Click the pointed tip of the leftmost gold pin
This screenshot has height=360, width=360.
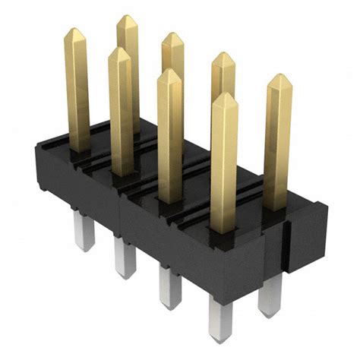pos(74,32)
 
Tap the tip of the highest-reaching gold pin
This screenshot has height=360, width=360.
pos(127,18)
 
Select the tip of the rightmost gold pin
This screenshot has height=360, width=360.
pos(279,77)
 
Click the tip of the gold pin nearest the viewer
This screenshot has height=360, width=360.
pos(225,96)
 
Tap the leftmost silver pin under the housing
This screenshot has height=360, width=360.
pos(83,232)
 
